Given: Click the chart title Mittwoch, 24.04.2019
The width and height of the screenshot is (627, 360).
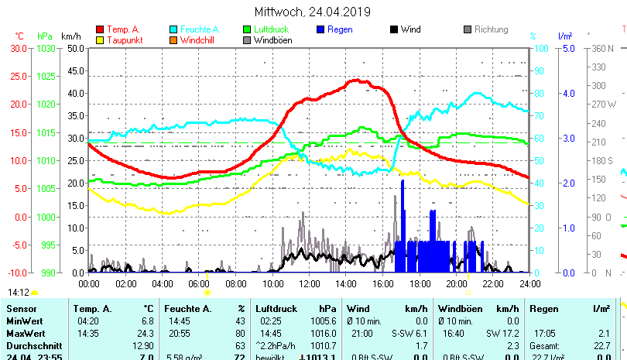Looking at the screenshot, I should pyautogui.click(x=312, y=12).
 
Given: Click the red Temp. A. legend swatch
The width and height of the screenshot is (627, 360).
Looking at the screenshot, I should pyautogui.click(x=100, y=29).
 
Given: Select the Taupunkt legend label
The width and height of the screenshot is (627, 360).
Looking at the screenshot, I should pyautogui.click(x=124, y=39).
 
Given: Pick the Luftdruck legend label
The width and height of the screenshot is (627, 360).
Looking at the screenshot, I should pyautogui.click(x=271, y=29).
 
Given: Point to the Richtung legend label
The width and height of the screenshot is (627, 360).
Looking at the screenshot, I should pyautogui.click(x=491, y=29).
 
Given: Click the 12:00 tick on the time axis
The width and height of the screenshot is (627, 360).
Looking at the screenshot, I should pyautogui.click(x=309, y=283).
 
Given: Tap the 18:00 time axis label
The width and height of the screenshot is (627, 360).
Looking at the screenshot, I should pyautogui.click(x=420, y=283).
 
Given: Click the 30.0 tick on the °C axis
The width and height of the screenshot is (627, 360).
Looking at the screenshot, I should pyautogui.click(x=19, y=48).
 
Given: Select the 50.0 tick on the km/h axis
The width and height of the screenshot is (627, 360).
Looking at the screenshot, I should pyautogui.click(x=75, y=48).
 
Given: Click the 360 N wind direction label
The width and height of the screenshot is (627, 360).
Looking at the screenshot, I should pyautogui.click(x=601, y=48).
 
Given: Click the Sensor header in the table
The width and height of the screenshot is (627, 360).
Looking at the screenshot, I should pyautogui.click(x=22, y=309).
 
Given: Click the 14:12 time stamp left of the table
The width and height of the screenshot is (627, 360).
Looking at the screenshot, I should pyautogui.click(x=19, y=293).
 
